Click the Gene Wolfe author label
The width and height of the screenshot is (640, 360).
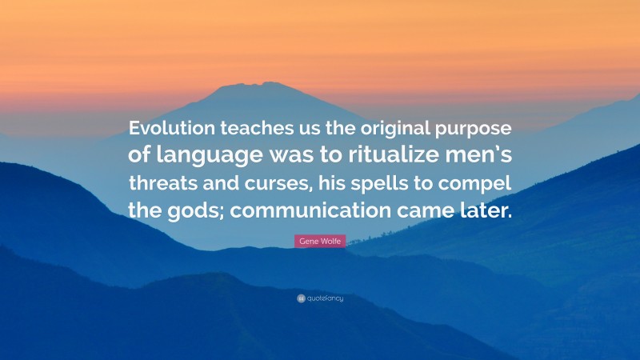coord(319,241)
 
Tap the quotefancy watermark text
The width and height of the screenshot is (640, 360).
coord(324,298)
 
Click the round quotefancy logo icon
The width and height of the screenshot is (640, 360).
coord(300,298)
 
